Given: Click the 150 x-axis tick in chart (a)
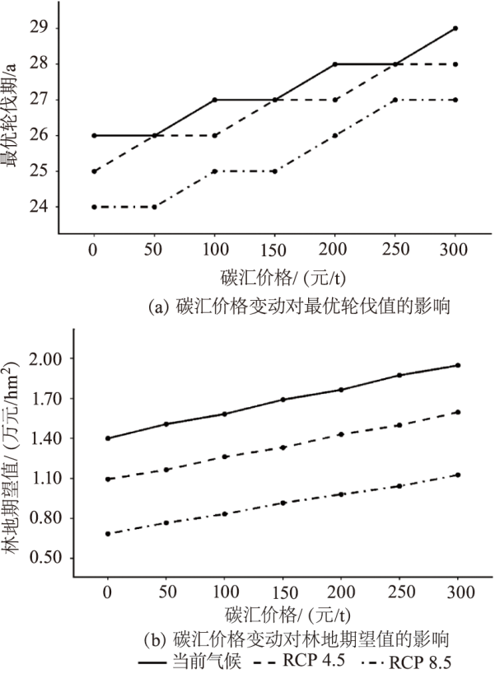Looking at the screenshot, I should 274,250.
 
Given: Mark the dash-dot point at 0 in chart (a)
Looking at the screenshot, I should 93,207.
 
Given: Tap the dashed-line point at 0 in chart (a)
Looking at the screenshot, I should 93,171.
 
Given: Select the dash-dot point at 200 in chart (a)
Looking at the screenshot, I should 335,136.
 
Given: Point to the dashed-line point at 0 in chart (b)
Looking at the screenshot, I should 107,479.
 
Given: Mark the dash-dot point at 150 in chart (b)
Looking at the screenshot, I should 283,503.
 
